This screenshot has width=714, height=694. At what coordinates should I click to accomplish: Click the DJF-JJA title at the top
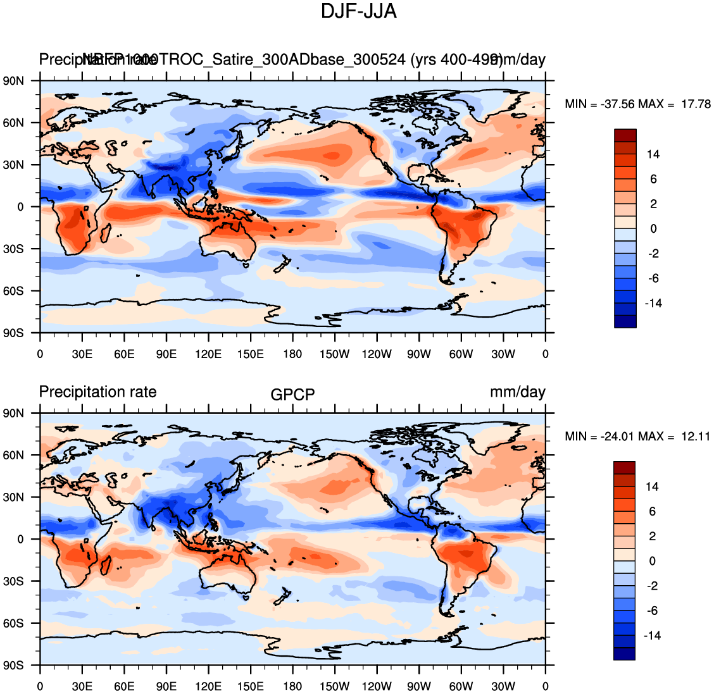pos(358,11)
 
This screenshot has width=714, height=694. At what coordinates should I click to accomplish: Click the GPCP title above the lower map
pos(292,395)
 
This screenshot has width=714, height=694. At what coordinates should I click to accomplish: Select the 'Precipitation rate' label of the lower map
pos(97,392)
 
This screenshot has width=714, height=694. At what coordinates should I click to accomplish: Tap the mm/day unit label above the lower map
pos(517,392)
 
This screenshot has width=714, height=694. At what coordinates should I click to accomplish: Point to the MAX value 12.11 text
pos(695,437)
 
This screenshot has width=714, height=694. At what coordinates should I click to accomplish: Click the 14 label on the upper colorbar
pos(653,154)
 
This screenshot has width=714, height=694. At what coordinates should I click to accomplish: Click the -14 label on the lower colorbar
pos(653,635)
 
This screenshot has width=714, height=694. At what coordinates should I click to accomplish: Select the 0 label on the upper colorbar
pos(653,229)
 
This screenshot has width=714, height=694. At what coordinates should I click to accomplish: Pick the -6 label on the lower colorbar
pos(653,610)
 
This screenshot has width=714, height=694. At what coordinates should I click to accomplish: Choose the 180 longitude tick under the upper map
pos(292,354)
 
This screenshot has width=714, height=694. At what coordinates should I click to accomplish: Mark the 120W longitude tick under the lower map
pos(377,686)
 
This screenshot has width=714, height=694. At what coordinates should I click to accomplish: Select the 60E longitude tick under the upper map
pos(124,354)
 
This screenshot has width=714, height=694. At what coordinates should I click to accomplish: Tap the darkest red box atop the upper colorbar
pos(625,135)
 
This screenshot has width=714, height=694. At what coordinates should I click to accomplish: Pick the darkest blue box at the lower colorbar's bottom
pos(625,654)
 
